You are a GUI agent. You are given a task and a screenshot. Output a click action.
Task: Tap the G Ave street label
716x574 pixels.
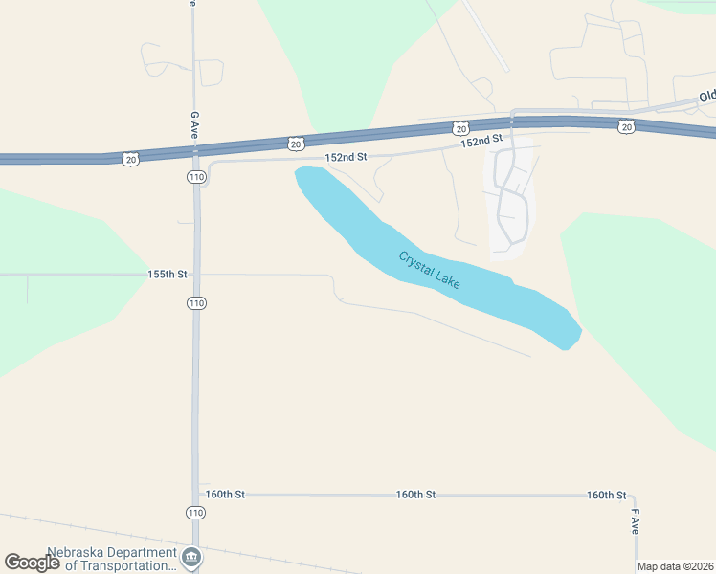pos(194,125)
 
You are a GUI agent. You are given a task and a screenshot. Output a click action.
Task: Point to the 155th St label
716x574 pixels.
pos(168,274)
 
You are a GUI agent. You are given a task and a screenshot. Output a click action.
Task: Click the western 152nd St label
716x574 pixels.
pos(347,157)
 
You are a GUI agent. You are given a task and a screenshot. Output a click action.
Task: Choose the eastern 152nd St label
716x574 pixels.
pos(481,142)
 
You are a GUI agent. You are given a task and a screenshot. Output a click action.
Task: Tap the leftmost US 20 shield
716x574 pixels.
pos(130,159)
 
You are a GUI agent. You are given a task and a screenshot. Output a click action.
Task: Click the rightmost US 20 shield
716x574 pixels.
pos(626,125)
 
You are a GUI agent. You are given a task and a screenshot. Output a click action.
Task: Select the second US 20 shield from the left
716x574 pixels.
pos(296,143)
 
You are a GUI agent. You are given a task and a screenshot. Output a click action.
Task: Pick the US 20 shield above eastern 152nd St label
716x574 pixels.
pos(461,128)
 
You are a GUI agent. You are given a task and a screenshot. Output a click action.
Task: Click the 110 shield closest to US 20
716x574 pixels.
pos(196,177)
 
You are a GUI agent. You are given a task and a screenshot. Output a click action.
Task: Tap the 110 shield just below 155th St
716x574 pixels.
pos(196,303)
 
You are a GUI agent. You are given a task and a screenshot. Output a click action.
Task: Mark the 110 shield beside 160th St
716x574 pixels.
pos(196,513)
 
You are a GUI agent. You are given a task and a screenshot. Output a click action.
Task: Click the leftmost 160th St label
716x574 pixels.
pos(225,495)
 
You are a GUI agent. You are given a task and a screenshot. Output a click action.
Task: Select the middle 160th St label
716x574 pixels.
pos(416,495)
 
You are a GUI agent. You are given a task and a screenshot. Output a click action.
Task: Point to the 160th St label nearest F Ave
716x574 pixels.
pos(607,495)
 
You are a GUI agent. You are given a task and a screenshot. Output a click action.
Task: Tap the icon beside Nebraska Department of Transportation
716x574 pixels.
pos(191,557)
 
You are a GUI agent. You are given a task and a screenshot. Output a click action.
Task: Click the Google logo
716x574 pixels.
pos(32,563)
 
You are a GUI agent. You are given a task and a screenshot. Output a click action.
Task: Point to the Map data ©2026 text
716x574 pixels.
pos(675,566)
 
